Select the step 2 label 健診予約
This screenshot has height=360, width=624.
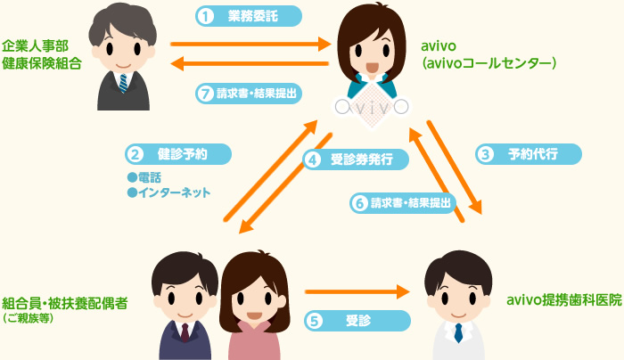click(178, 153)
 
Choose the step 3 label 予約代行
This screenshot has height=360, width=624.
click(530, 153)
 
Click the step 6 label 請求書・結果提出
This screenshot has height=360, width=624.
click(402, 202)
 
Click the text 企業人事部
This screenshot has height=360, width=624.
click(35, 45)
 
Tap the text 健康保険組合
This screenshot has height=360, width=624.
click(41, 63)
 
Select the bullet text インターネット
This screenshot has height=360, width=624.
click(173, 192)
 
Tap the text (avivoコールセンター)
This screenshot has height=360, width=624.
click(489, 63)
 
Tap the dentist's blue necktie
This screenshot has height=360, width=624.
click(458, 332)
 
